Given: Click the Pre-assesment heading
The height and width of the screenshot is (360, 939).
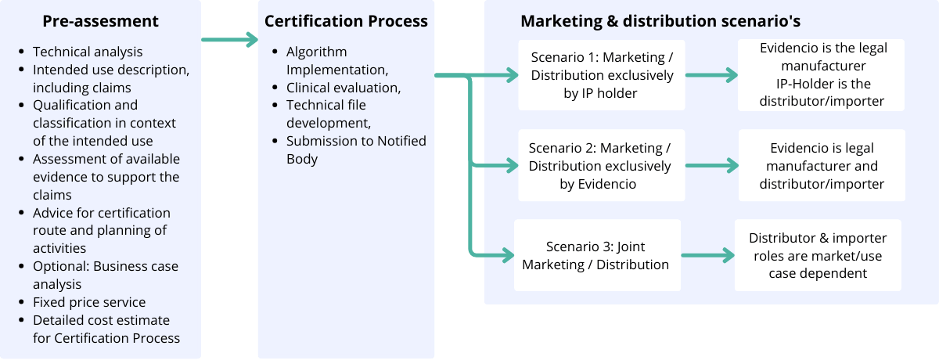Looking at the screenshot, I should (x=100, y=21).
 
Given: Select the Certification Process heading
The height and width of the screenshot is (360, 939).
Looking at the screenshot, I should (x=346, y=21).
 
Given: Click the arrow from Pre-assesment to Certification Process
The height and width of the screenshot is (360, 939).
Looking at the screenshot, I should (x=229, y=39).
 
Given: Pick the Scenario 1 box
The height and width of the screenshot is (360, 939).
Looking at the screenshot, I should (x=602, y=75).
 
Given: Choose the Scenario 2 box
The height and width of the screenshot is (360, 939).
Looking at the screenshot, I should (x=599, y=166).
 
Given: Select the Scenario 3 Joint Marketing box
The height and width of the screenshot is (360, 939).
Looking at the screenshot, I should (x=596, y=255).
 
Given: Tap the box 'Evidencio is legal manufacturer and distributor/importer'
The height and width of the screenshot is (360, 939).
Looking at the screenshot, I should (x=822, y=166).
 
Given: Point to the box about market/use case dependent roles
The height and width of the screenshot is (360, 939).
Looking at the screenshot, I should (x=818, y=255).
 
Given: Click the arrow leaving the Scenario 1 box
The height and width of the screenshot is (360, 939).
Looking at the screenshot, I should (x=711, y=76).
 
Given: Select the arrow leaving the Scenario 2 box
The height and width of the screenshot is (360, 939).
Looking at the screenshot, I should (x=711, y=166).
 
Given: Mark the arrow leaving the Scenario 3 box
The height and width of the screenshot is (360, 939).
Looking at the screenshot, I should (x=707, y=255).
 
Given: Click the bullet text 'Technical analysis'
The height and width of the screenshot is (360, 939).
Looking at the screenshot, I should (x=88, y=52).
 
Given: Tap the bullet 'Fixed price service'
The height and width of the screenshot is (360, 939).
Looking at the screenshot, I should (x=89, y=302).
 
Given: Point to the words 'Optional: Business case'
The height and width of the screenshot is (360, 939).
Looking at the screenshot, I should (x=106, y=266).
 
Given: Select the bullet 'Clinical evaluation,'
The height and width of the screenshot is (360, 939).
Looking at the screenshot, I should (x=344, y=88).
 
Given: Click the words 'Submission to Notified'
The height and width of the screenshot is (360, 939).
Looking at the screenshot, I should (x=356, y=141).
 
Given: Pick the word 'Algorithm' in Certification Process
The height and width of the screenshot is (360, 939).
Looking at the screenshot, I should (x=316, y=52).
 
